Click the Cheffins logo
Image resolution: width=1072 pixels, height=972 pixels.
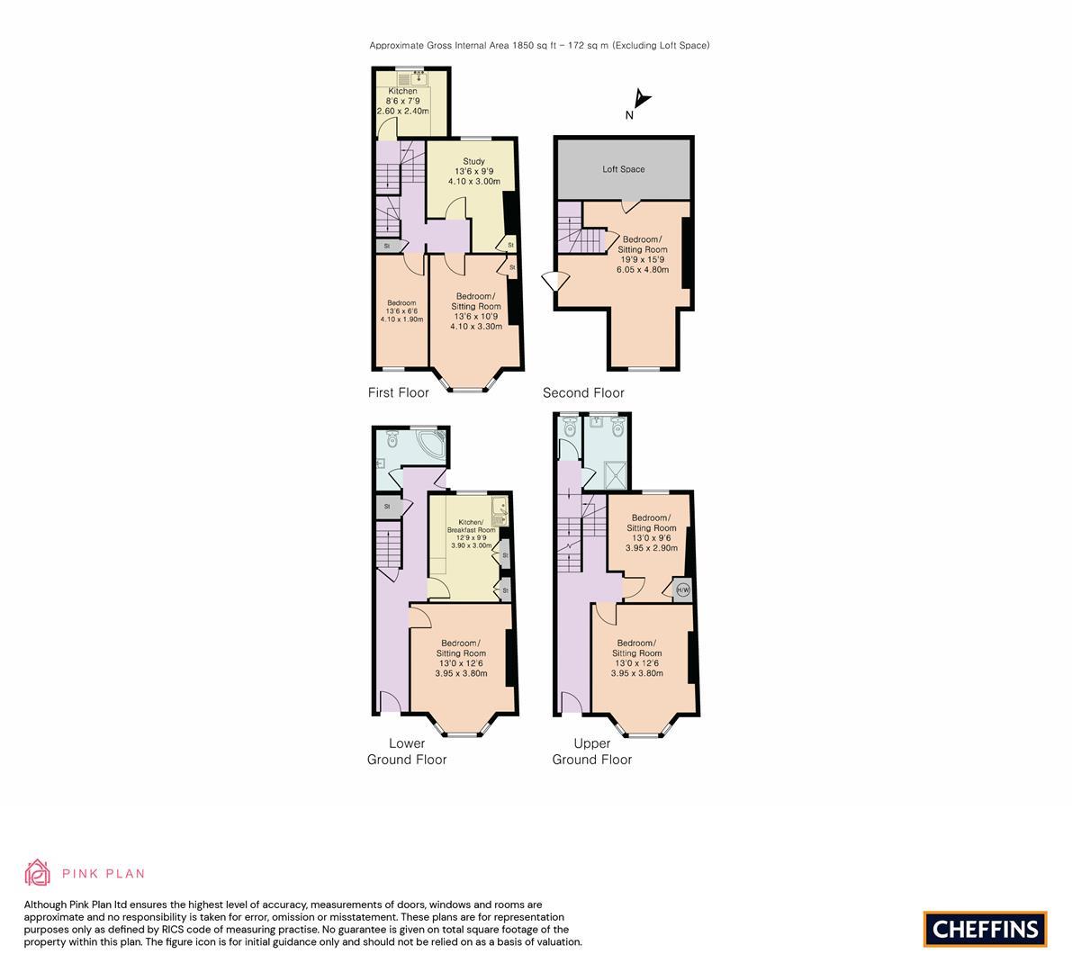(986, 929)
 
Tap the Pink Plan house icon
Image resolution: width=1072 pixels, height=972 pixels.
(38, 872)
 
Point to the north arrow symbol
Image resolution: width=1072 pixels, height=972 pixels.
(637, 101)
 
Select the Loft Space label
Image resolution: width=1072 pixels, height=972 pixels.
(624, 169)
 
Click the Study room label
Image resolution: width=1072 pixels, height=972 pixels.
(474, 162)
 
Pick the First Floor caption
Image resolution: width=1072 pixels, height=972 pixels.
(398, 392)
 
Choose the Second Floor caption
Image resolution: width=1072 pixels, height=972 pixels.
(583, 392)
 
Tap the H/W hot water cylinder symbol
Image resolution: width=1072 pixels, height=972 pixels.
(682, 590)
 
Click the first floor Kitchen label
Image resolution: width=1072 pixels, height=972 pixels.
(402, 92)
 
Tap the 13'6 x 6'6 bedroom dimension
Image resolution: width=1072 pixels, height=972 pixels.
(401, 310)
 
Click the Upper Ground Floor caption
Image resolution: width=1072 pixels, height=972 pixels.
(591, 751)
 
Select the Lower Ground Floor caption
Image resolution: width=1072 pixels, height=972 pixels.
(407, 751)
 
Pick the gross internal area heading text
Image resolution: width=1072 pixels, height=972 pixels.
(539, 45)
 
